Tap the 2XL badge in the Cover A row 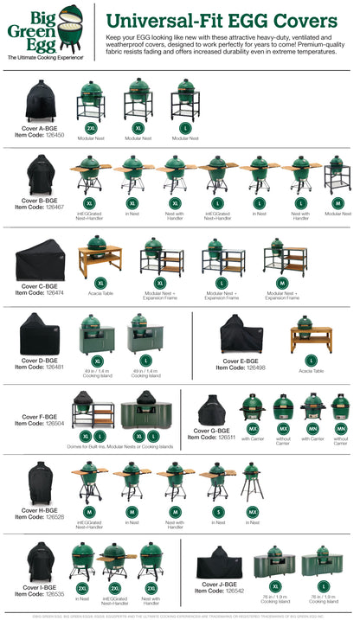91,127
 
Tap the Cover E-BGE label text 241,361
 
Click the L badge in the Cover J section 322,587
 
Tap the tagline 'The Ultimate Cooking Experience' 46,57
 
